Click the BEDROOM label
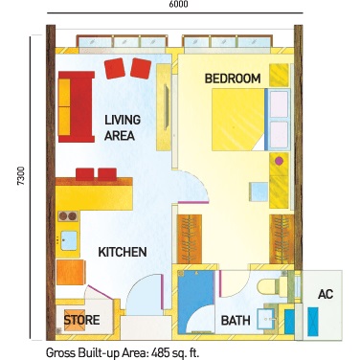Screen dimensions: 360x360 [233, 79]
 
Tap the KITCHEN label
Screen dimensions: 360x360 [123, 252]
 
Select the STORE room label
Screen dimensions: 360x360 [81, 320]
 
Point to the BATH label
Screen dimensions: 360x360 [236, 321]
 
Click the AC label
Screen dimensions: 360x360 [326, 294]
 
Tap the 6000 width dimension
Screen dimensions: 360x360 [178, 4]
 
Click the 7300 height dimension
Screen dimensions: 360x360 [21, 175]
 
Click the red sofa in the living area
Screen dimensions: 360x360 [77, 106]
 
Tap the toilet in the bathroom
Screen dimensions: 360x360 [272, 286]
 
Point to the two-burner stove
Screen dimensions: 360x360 [68, 216]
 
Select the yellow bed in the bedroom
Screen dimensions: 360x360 [238, 120]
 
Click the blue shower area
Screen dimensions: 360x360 [195, 302]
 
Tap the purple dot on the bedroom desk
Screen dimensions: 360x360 [279, 161]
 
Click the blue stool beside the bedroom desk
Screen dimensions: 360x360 [259, 191]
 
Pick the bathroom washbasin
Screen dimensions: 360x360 [266, 319]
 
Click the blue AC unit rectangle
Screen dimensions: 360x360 [313, 322]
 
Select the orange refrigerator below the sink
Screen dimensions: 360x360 [71, 272]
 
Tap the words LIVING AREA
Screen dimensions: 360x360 [123, 127]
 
